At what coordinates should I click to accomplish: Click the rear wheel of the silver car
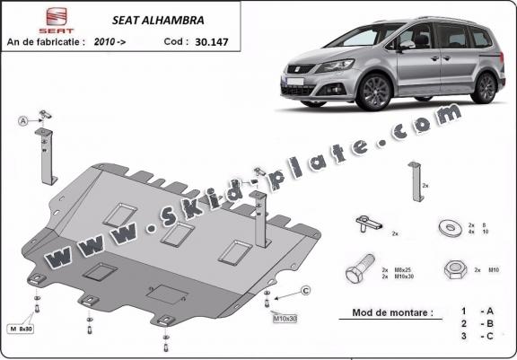(485, 86)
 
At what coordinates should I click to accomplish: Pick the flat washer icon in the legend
(446, 228)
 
